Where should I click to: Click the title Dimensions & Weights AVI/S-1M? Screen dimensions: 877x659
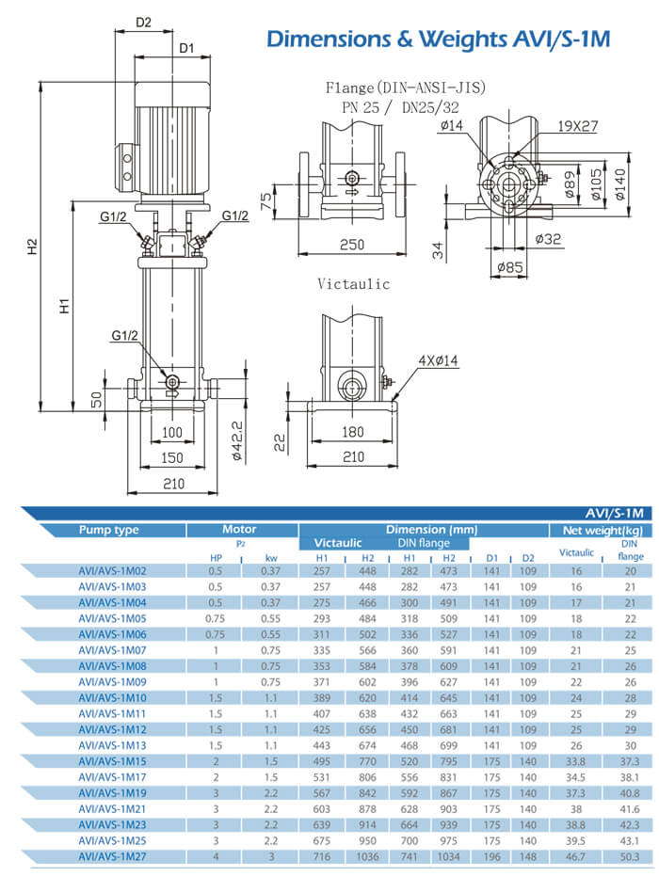click(x=439, y=40)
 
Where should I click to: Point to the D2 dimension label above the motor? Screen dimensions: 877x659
click(x=143, y=22)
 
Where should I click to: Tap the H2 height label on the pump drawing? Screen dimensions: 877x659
click(x=32, y=247)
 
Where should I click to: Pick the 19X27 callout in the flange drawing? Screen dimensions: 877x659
click(x=577, y=125)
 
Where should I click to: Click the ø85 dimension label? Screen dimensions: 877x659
click(x=509, y=267)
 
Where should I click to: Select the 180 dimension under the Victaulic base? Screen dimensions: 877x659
click(x=353, y=432)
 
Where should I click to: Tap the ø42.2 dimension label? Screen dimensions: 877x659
click(x=237, y=439)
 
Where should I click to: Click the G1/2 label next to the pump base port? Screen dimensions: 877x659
click(x=124, y=336)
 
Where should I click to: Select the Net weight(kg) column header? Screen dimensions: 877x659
click(x=603, y=530)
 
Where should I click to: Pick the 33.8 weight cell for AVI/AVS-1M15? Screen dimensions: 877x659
click(x=576, y=761)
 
